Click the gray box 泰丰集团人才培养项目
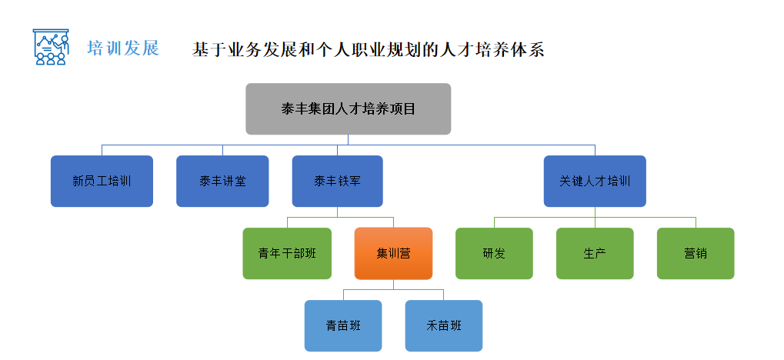point(348,108)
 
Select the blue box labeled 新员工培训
point(102,182)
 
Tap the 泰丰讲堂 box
point(222,182)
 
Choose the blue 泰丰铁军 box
point(337,182)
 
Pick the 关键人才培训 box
point(595,182)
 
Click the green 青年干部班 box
point(287,253)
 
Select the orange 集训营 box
point(393,253)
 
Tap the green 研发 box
point(494,253)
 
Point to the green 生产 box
point(595,253)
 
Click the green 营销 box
point(696,253)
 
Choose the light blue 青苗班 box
point(343,325)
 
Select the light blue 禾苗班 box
point(444,325)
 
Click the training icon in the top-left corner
point(51,47)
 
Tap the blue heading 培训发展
point(123,48)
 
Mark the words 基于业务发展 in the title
point(235,50)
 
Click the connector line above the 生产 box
point(595,222)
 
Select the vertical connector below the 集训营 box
point(393,284)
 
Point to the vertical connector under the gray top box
point(348,139)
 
